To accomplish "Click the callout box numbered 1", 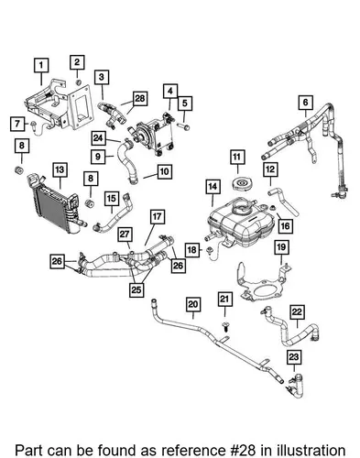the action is point(41,65).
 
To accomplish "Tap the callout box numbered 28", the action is point(140,98).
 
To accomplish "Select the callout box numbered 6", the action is point(306,102).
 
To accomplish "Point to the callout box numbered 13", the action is point(60,169).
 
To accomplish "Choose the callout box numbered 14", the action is point(213,186).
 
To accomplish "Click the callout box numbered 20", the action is point(193,304).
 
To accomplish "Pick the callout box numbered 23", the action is point(294,356).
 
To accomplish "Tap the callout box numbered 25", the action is point(136,289).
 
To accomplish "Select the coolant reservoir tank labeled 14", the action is point(241,224).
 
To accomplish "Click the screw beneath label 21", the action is point(225,327).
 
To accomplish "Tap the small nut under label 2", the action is point(78,82).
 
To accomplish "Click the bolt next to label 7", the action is point(33,124).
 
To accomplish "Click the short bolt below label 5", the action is point(184,126).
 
